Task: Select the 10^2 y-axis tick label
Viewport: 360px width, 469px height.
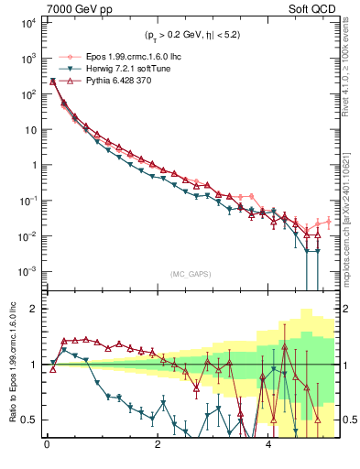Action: click(x=27, y=93)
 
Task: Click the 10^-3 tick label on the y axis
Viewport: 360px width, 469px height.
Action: click(x=27, y=271)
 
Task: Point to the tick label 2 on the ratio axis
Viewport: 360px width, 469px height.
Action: click(x=31, y=309)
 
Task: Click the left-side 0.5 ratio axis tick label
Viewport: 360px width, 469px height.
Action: click(x=27, y=420)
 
